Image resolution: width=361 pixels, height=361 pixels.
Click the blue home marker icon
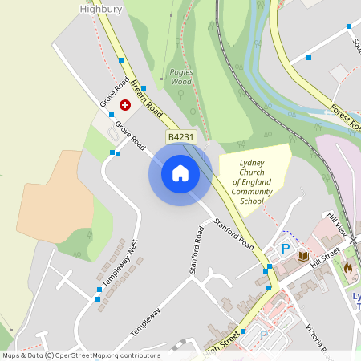pos(180,172)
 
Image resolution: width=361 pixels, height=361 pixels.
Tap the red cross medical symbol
pos(125,104)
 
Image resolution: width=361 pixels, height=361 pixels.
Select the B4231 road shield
pos(181,138)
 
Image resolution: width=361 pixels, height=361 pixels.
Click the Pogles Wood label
pos(181,76)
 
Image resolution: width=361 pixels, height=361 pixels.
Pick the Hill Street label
pos(326,256)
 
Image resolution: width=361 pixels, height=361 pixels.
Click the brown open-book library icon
pos(303,256)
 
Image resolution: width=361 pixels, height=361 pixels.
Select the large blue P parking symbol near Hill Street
pos(285,249)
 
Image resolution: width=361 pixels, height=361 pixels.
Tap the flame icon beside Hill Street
pos(348,268)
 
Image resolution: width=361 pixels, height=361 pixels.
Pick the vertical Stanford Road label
pos(195,252)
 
